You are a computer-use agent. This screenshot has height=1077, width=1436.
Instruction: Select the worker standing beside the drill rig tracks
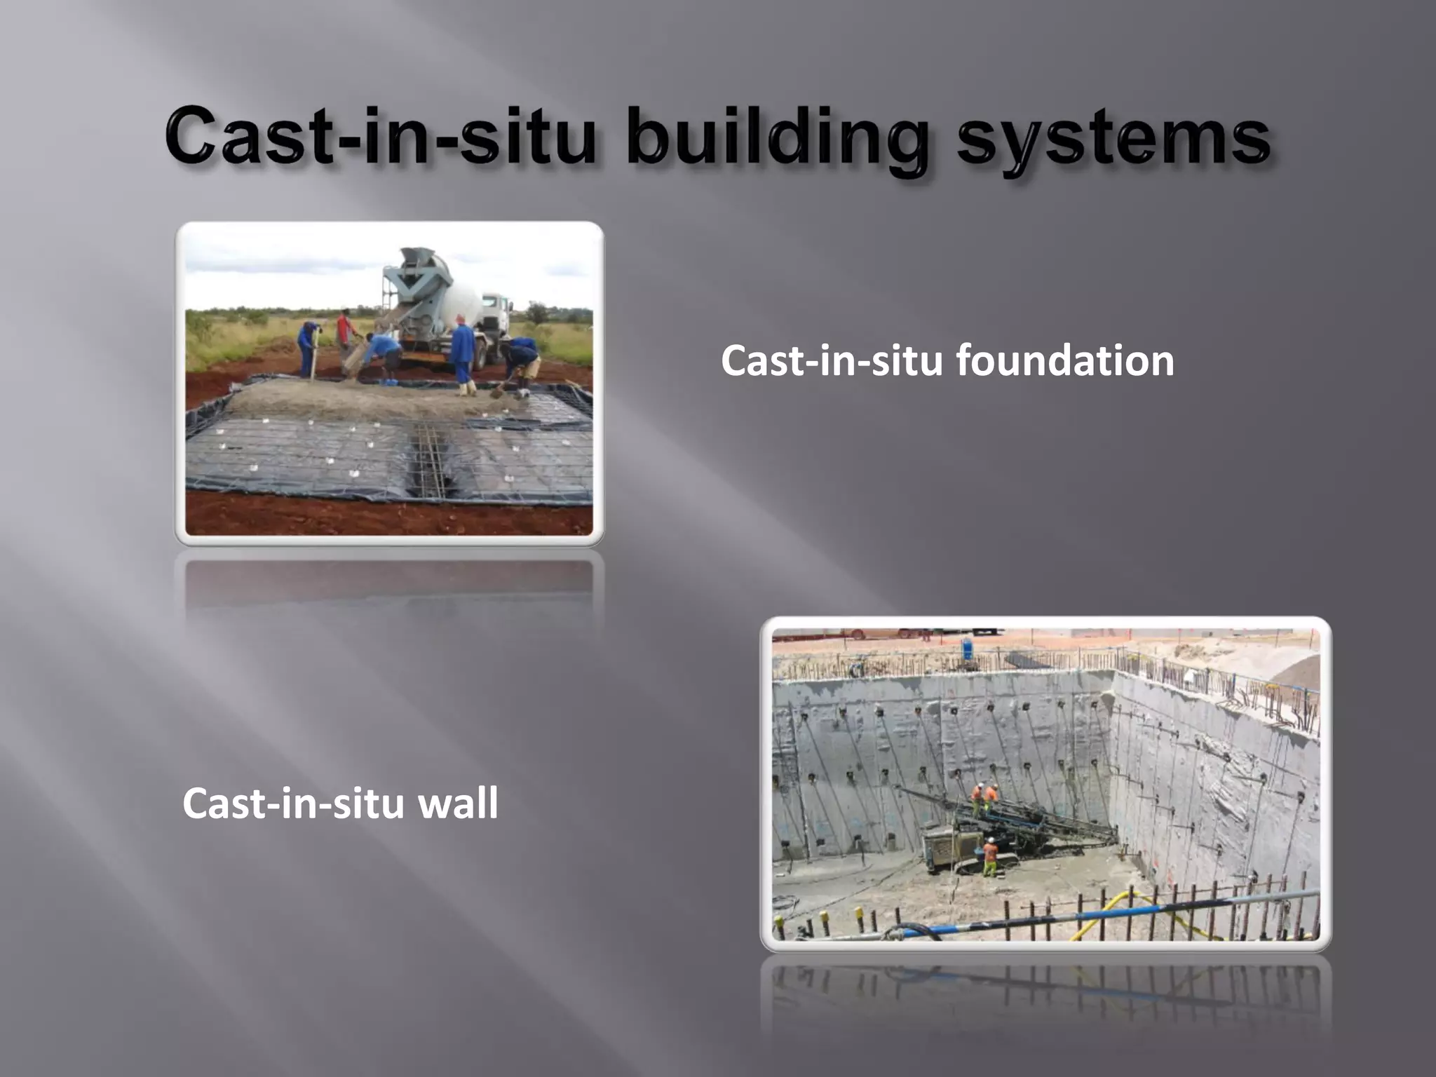point(990,857)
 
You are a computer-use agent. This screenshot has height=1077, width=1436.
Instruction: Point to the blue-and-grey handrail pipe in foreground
point(1122,912)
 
